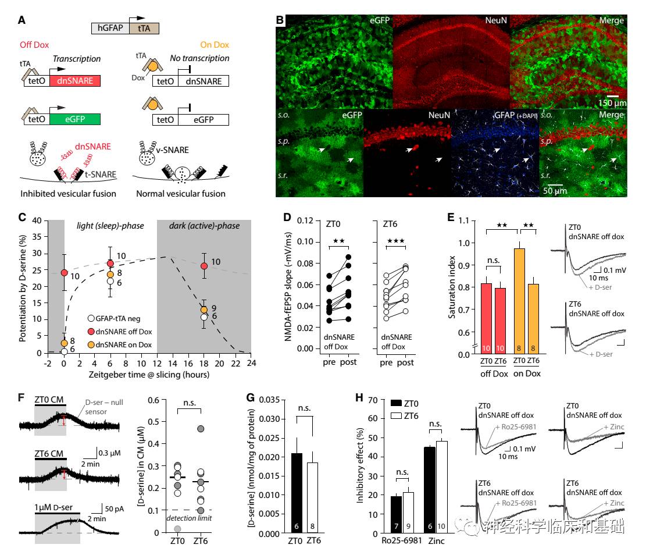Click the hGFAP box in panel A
pos(111,28)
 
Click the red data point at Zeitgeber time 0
pos(64,273)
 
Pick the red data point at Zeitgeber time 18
pos(204,266)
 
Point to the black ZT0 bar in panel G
pos(296,493)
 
